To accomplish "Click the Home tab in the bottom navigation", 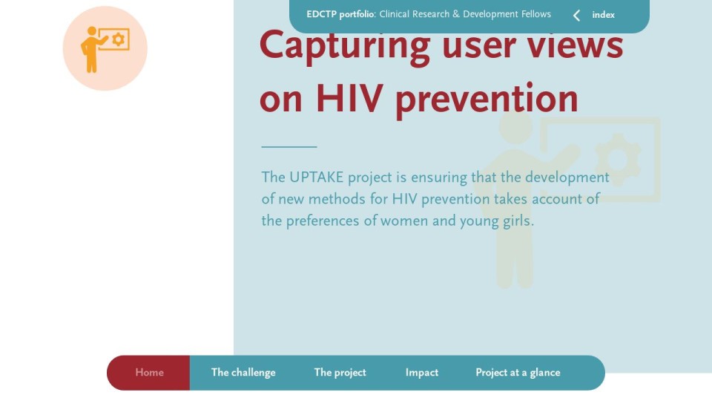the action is point(149,373).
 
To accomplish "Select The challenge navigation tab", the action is point(243,373).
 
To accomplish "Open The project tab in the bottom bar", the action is point(340,373).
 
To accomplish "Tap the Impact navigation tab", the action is point(422,373).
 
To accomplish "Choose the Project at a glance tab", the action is point(518,373).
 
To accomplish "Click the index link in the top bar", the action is point(604,15).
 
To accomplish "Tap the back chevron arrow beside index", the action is point(576,16).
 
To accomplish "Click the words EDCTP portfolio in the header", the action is point(340,15).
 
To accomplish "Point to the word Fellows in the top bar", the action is point(535,14).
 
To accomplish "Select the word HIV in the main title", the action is point(349,98).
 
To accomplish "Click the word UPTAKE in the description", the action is point(317,177).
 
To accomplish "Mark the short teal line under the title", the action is point(289,147).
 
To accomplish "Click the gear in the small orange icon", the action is point(118,39).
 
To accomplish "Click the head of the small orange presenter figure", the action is point(92,31).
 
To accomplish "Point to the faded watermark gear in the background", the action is point(618,160).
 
